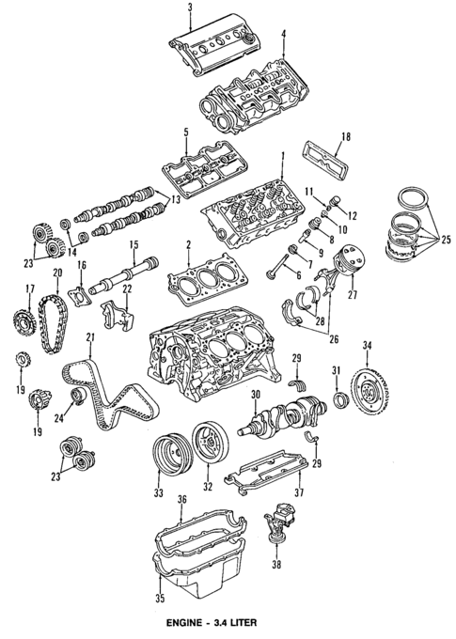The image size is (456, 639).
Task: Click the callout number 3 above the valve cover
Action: click(x=190, y=8)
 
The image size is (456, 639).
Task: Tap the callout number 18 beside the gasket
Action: click(x=345, y=137)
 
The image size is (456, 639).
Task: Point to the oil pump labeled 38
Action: click(x=279, y=522)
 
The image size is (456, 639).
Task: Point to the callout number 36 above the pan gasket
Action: click(x=183, y=500)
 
